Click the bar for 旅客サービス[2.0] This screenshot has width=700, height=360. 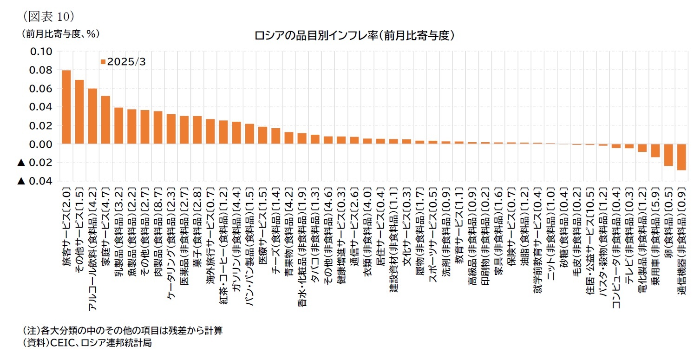pyautogui.click(x=66, y=107)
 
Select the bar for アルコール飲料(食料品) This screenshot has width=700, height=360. pyautogui.click(x=92, y=116)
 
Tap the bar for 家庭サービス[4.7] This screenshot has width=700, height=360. pyautogui.click(x=105, y=120)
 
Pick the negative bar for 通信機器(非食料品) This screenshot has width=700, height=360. pyautogui.click(x=681, y=157)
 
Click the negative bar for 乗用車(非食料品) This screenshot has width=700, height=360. pyautogui.click(x=655, y=151)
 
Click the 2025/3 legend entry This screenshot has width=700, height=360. pyautogui.click(x=123, y=62)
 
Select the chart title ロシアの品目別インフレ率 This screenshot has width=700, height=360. pyautogui.click(x=353, y=35)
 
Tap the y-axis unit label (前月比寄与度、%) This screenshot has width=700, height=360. pyautogui.click(x=59, y=34)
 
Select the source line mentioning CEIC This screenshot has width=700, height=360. pyautogui.click(x=87, y=343)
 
